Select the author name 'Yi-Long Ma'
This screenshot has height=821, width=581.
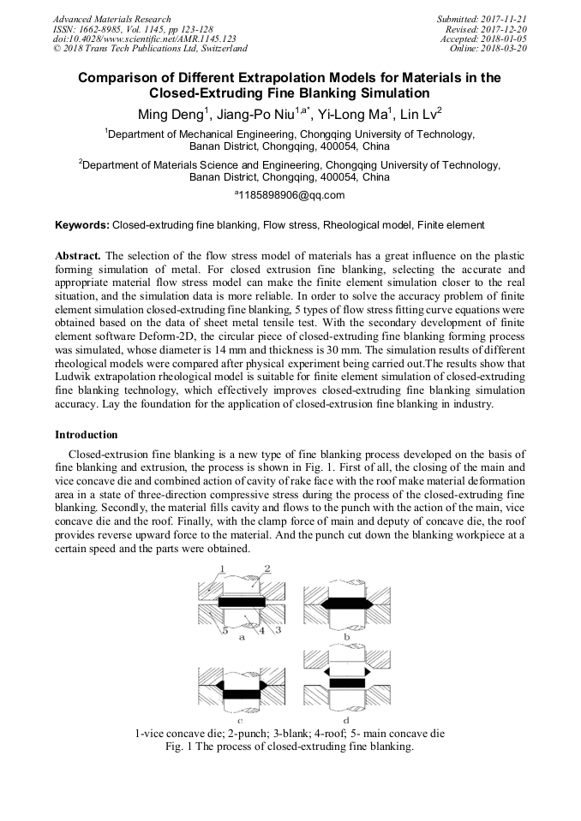point(352,114)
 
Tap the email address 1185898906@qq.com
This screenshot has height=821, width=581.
point(292,195)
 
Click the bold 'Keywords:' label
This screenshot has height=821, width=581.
point(82,225)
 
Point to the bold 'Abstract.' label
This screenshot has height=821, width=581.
point(78,256)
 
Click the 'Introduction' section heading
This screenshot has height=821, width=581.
point(87,435)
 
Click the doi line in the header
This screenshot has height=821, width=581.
point(145,39)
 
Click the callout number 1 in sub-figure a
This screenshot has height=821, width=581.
point(221,568)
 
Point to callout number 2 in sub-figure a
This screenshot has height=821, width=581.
point(267,568)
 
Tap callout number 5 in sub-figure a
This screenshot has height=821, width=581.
point(224,631)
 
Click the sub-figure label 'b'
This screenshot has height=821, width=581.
point(346,636)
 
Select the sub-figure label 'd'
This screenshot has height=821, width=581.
point(346,720)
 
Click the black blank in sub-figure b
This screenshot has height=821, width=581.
point(346,603)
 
